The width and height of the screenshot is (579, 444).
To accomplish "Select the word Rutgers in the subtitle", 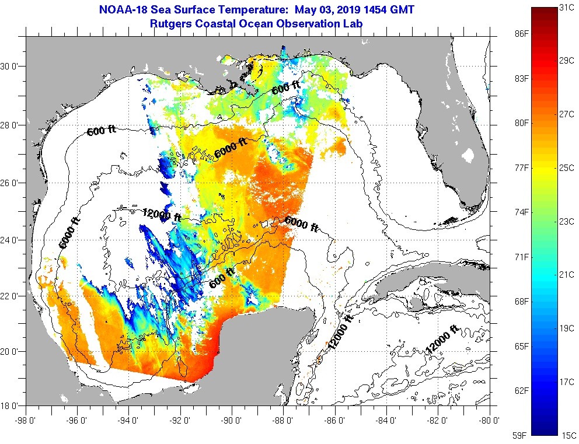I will click(172, 23).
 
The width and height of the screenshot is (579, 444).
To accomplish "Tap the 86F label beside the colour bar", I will click(521, 34).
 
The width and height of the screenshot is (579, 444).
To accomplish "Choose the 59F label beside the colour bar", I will click(521, 435).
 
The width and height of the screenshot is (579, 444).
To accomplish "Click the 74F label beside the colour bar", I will click(521, 212).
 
